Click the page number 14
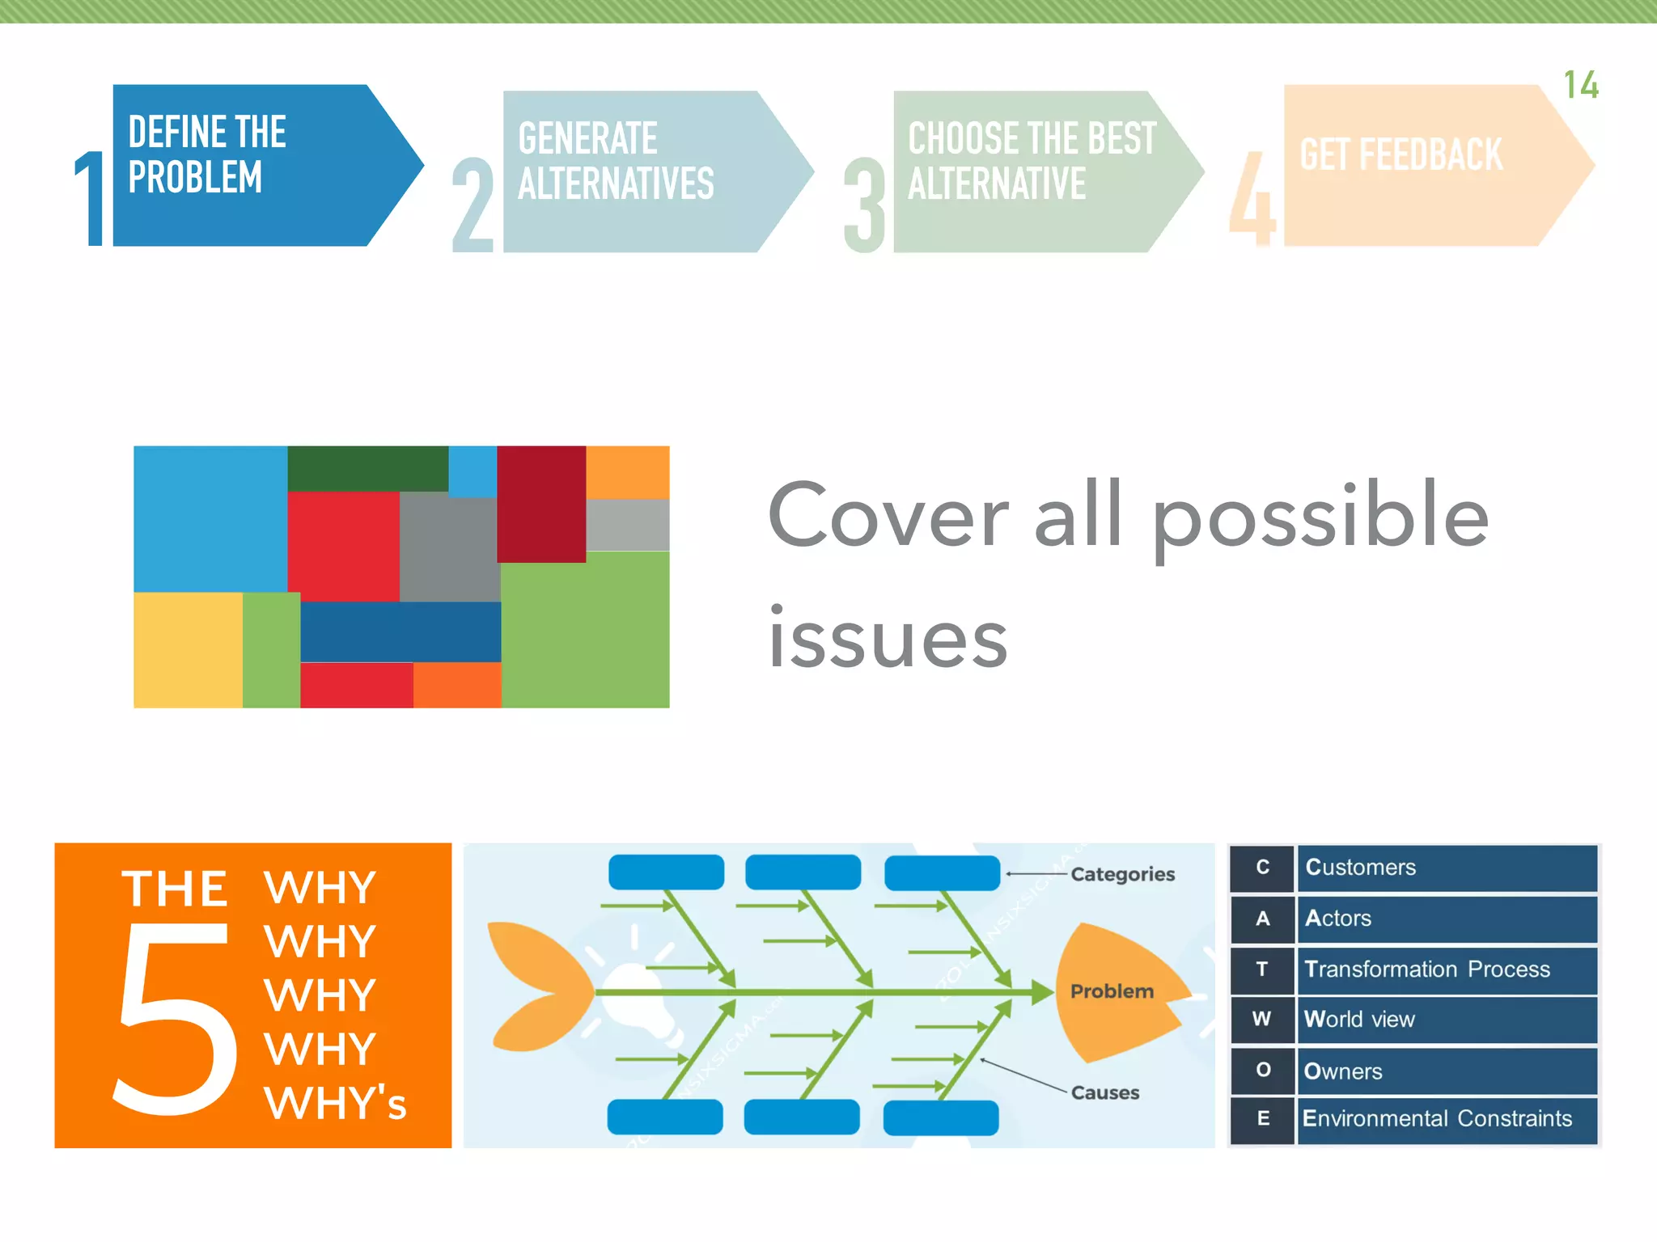1580,85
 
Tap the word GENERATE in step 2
587,138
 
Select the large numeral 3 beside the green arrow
864,206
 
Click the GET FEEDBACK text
1401,154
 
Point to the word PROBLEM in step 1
195,177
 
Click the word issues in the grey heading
888,639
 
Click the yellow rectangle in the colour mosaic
188,650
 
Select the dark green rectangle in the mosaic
367,468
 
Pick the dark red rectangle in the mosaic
540,503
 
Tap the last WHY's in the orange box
335,1103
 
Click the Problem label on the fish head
1112,991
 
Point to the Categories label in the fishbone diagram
1122,874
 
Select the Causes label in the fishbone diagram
1104,1092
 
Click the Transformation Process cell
1447,969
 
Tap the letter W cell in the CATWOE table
1261,1019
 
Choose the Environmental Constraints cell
1447,1119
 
